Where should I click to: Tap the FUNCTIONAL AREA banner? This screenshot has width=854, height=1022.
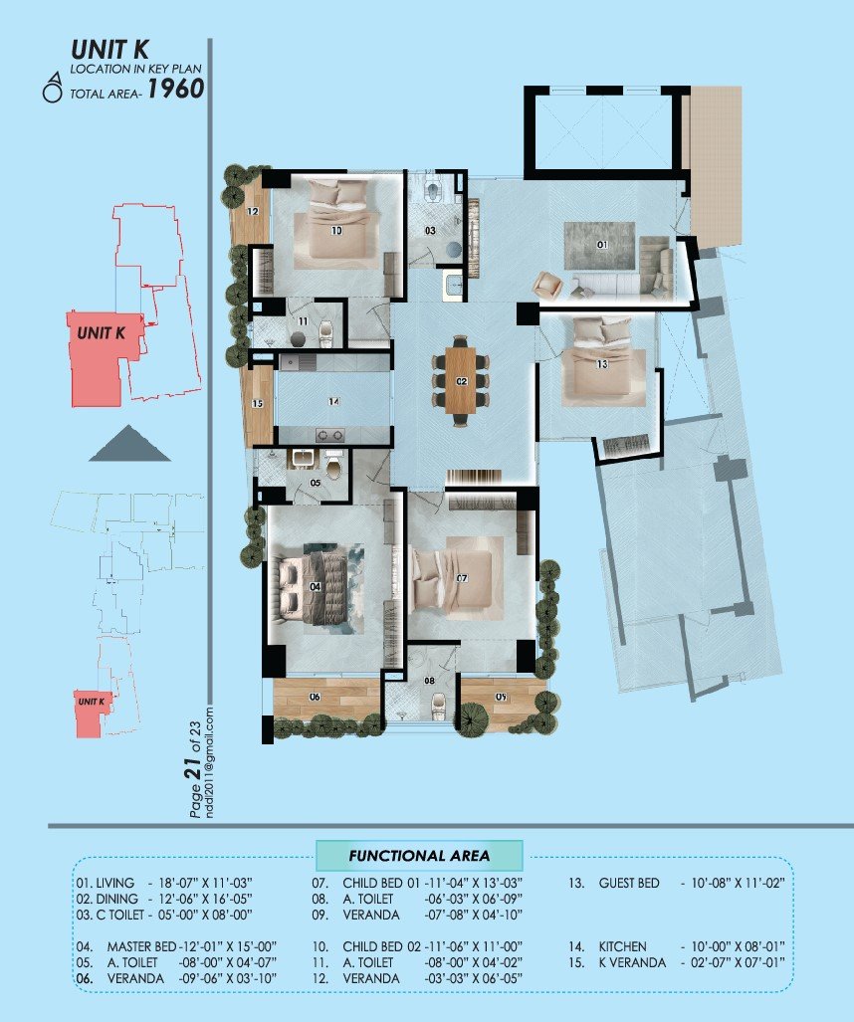tap(418, 856)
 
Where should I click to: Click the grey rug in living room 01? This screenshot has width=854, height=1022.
tap(599, 245)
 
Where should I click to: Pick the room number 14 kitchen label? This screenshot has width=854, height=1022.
tap(334, 402)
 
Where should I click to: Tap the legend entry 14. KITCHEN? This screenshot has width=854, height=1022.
tap(610, 946)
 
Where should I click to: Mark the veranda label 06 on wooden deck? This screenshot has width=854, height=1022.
tap(315, 697)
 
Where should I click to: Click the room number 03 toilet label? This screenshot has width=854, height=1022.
tap(431, 231)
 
